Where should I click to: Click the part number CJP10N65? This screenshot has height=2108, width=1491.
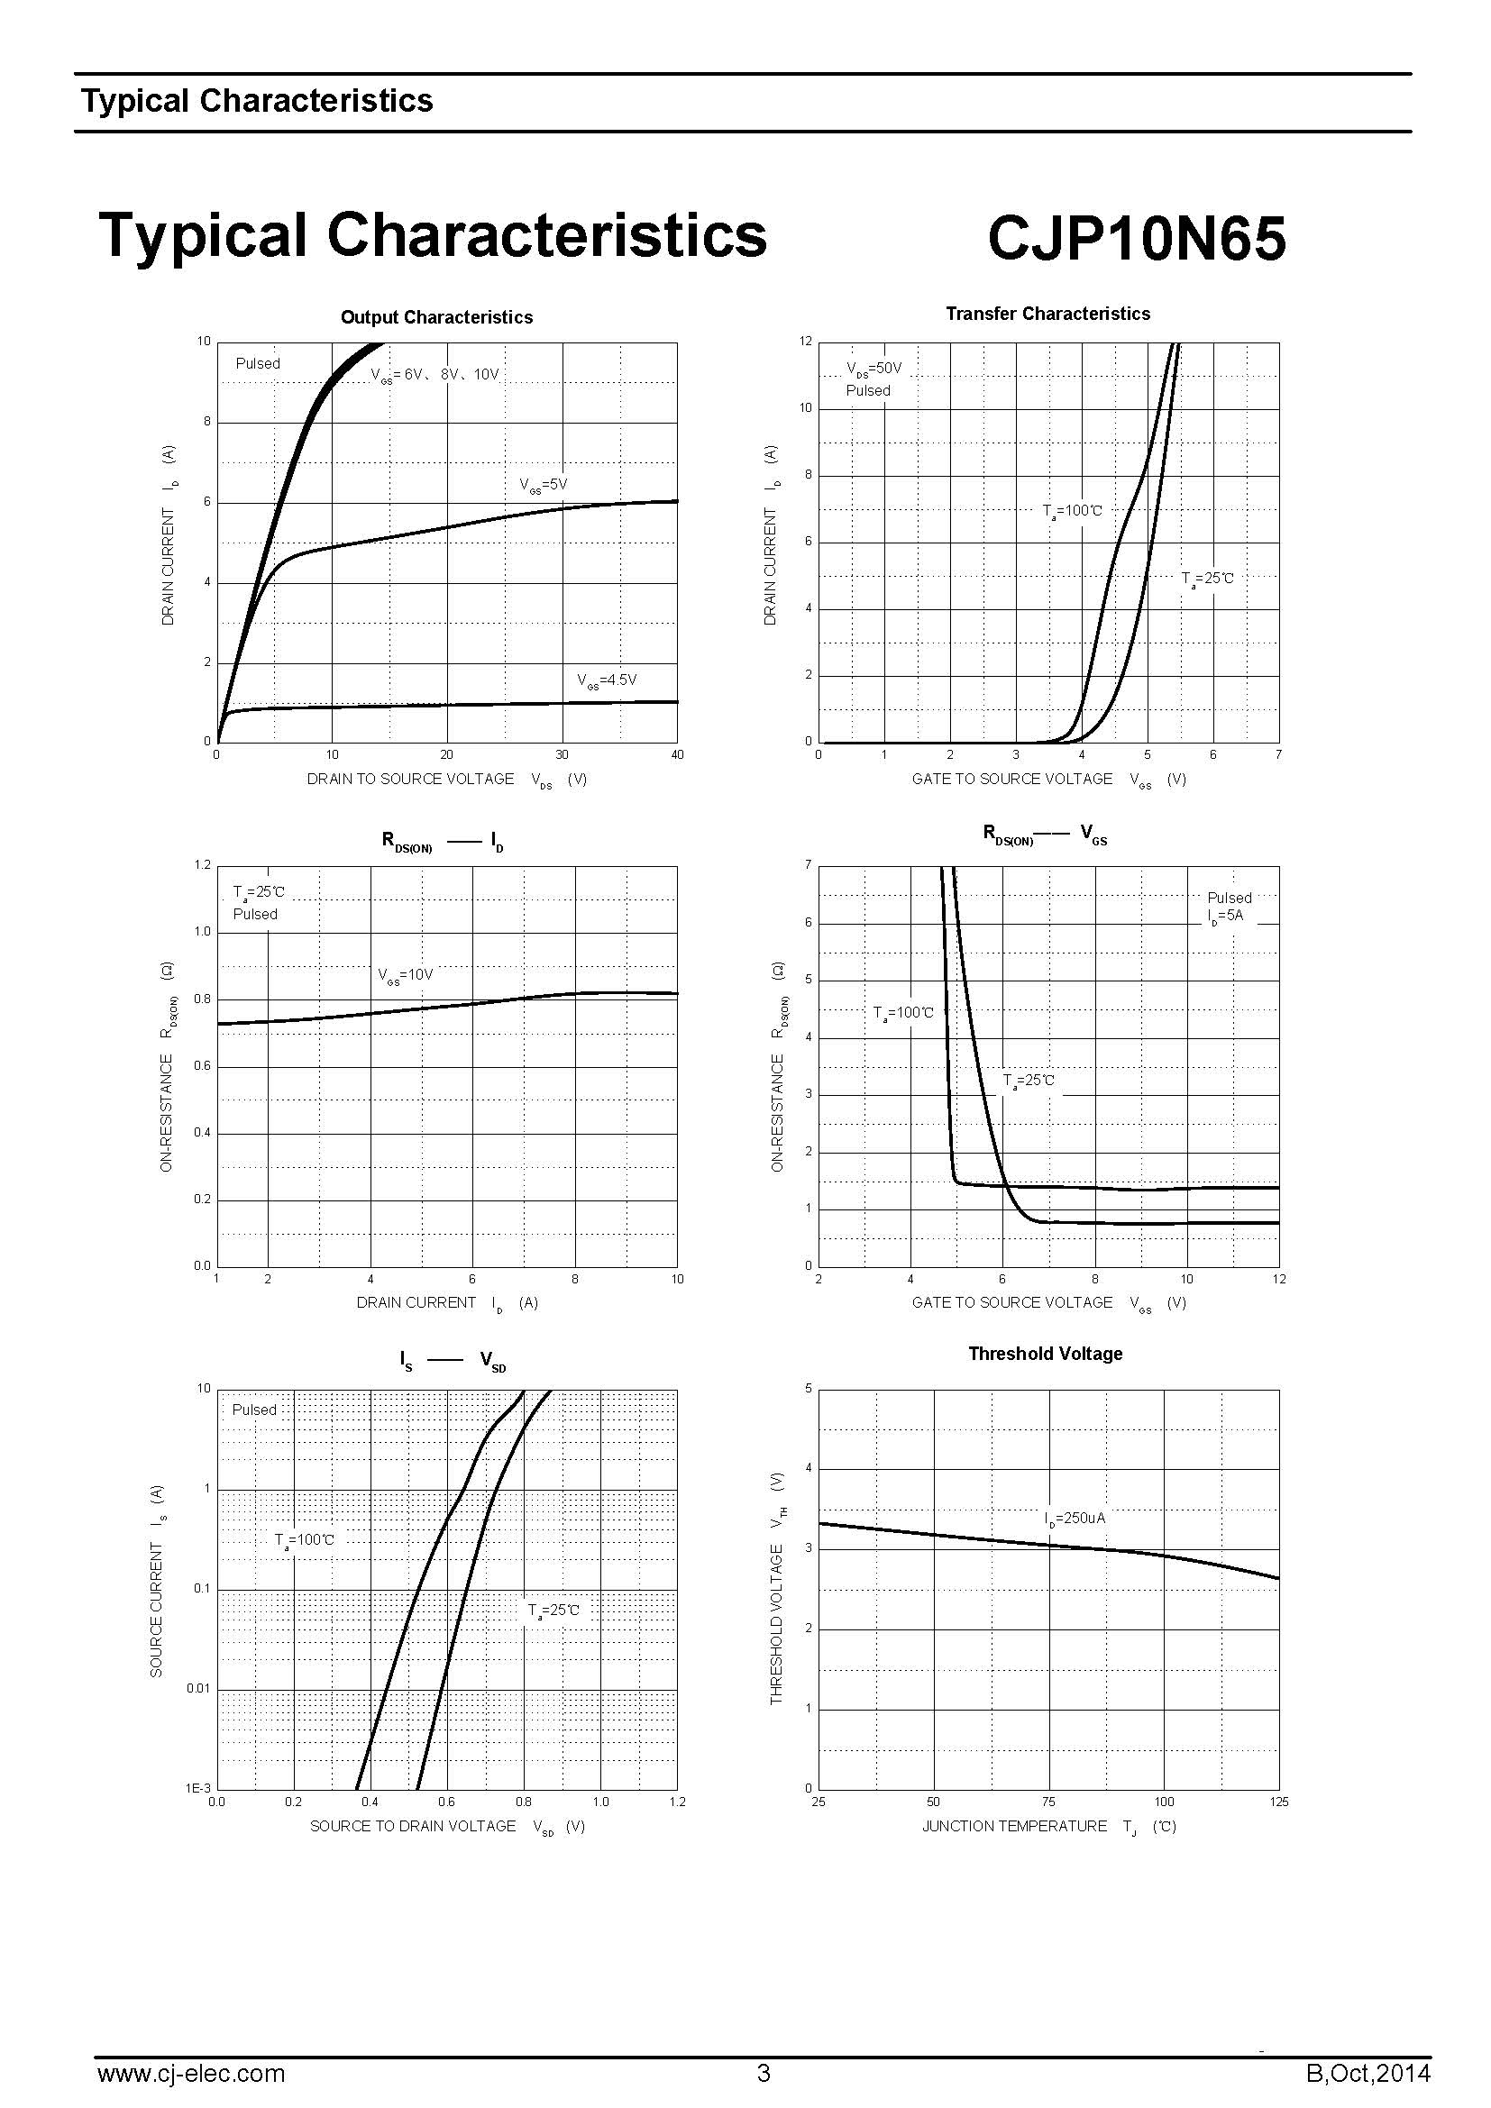1136,239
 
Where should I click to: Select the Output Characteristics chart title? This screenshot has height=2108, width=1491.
436,317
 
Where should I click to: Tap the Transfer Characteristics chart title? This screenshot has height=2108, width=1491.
1047,314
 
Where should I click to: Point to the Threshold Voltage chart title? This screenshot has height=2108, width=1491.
1045,1355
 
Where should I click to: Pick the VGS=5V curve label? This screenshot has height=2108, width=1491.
544,485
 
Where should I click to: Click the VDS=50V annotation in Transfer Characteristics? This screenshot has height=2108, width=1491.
874,370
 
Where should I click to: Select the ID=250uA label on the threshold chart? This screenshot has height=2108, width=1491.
1075,1519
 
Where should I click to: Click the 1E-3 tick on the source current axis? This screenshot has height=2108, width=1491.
198,1788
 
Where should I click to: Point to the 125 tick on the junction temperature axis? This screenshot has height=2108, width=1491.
1279,1802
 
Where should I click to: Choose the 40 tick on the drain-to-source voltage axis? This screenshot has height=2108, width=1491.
678,754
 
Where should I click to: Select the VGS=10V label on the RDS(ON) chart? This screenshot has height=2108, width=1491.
405,975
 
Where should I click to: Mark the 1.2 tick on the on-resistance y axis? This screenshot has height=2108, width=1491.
202,865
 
